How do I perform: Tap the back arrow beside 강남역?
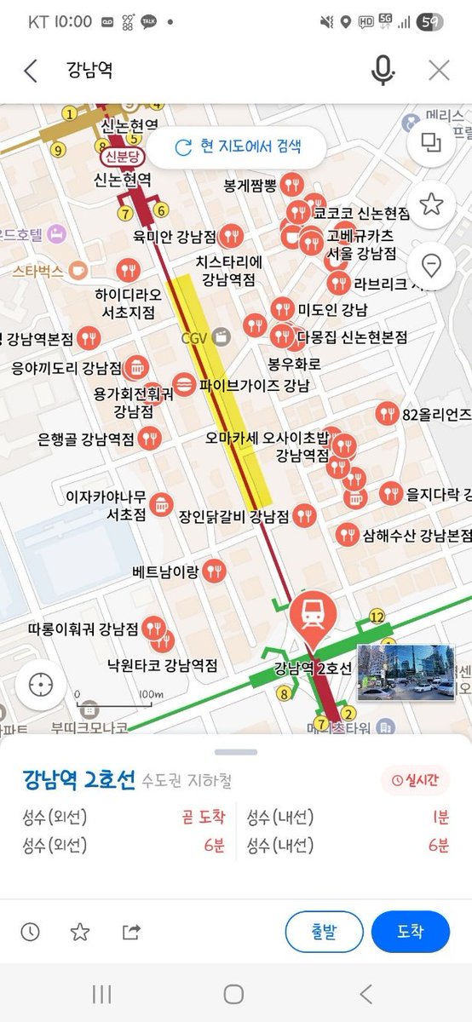coord(31,71)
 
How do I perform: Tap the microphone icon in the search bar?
coord(383,71)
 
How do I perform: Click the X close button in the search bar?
coord(439,71)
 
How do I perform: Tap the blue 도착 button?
coord(410,931)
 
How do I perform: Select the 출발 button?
coord(324,931)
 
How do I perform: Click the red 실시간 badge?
coord(415,779)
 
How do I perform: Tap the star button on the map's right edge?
coord(431,204)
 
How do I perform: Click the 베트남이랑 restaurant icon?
coord(214,571)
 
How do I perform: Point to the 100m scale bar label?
coord(150,694)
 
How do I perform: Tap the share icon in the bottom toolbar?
coord(130,932)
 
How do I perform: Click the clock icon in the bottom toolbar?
coord(31,932)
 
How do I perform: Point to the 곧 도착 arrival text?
coord(203,818)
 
